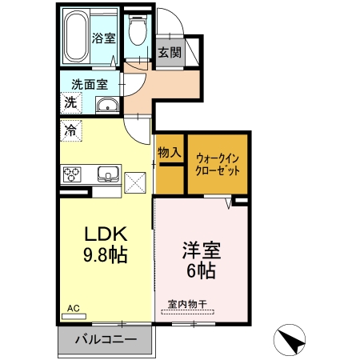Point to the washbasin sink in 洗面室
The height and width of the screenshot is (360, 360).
pos(106,106)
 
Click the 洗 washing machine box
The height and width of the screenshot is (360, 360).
pos(70,102)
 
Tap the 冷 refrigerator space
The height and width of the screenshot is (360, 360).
pos(70,130)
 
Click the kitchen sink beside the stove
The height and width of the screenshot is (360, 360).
pos(107,174)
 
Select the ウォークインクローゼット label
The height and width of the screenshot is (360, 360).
pos(218,164)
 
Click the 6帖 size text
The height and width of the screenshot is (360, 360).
pos(200,272)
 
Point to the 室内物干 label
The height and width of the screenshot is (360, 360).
pos(188,304)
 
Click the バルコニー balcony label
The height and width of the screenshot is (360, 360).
pos(106,338)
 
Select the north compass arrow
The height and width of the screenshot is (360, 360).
pos(291,340)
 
